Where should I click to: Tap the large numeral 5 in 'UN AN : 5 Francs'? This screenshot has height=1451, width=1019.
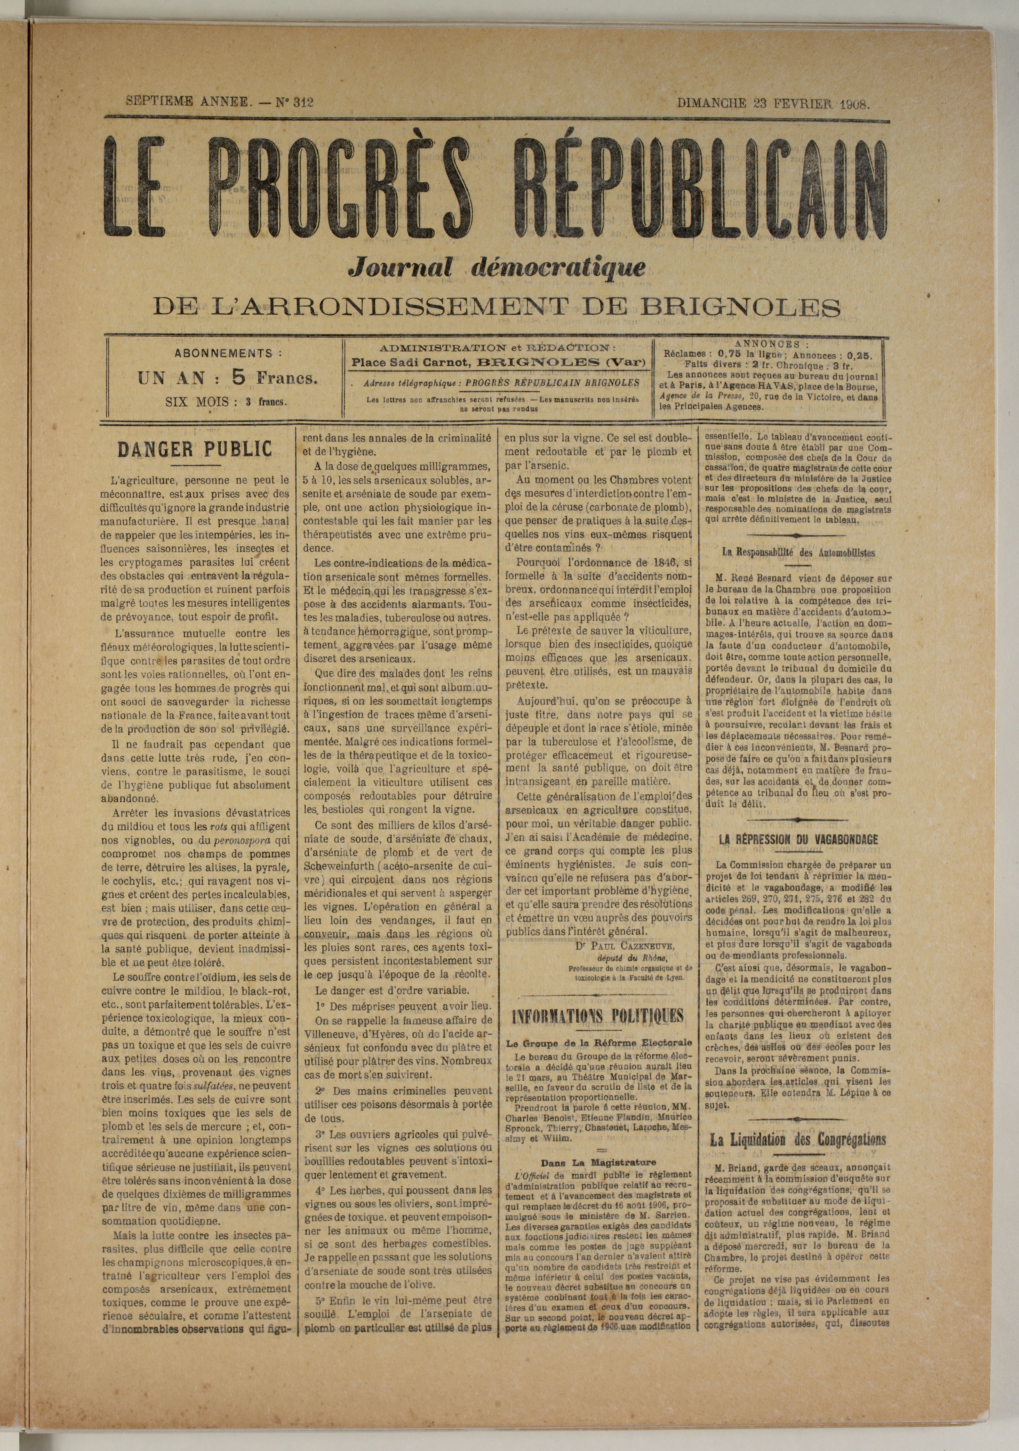point(238,377)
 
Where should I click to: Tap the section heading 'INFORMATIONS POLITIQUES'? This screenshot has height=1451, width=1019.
point(597,1015)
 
